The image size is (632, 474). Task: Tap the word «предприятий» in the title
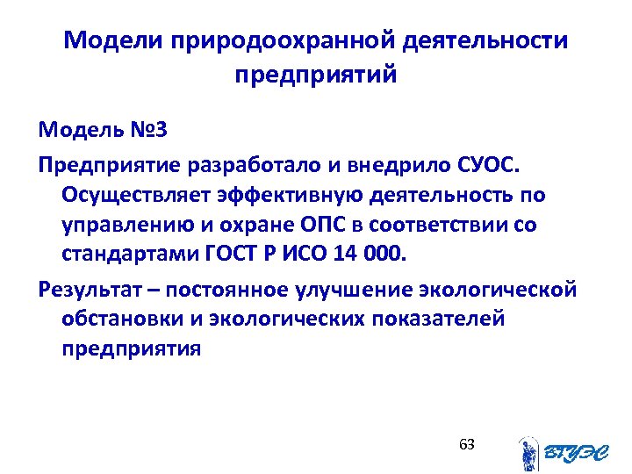coord(316,75)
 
